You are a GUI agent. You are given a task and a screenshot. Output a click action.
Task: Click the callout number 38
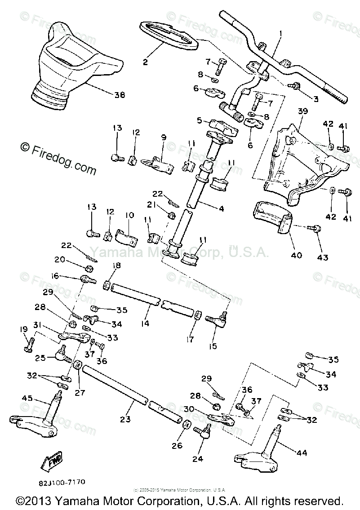(x=119, y=95)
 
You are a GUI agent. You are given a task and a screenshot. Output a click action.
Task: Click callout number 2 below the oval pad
(x=145, y=62)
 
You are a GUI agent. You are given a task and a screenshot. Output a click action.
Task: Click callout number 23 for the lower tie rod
(x=125, y=419)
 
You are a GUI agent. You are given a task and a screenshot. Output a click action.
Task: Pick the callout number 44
(x=302, y=453)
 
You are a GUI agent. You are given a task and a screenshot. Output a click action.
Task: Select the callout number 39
(x=302, y=111)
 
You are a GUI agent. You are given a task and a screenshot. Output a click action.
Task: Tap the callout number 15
(x=213, y=346)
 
